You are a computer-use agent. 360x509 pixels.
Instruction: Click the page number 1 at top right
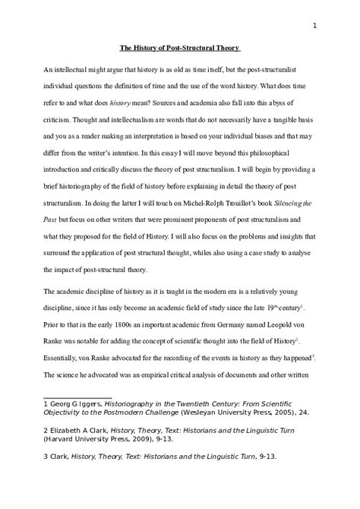tap(314, 26)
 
